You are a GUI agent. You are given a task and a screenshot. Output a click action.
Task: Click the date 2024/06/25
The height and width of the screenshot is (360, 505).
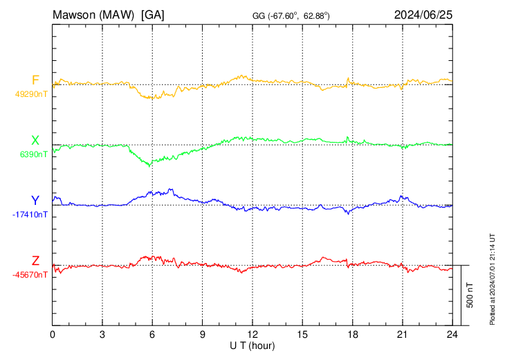click(423, 15)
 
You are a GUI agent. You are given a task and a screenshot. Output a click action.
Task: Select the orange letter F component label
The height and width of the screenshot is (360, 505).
click(35, 80)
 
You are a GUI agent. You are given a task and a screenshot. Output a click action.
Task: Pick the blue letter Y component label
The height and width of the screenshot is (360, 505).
click(35, 201)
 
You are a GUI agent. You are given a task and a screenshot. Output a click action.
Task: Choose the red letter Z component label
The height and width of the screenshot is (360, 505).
click(35, 261)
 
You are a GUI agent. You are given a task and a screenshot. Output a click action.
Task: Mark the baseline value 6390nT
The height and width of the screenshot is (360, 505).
click(34, 154)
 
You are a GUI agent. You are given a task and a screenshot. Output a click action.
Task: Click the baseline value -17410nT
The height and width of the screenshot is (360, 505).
click(30, 215)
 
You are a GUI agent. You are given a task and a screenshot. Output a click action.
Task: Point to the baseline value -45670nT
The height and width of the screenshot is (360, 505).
click(30, 275)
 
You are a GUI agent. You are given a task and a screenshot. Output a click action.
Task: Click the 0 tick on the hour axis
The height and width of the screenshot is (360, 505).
click(53, 334)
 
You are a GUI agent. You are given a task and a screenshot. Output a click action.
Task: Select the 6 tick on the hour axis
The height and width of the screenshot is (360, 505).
click(152, 334)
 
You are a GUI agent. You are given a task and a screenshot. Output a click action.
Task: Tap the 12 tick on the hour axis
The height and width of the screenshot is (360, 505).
click(252, 334)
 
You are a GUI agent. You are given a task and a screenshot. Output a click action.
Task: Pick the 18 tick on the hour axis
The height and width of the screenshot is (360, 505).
click(352, 334)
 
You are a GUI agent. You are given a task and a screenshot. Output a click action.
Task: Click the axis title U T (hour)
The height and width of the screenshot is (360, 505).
click(252, 345)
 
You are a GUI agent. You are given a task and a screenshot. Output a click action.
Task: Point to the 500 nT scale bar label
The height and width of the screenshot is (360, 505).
click(470, 294)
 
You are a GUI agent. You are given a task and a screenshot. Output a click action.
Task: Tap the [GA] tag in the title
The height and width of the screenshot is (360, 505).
click(152, 15)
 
